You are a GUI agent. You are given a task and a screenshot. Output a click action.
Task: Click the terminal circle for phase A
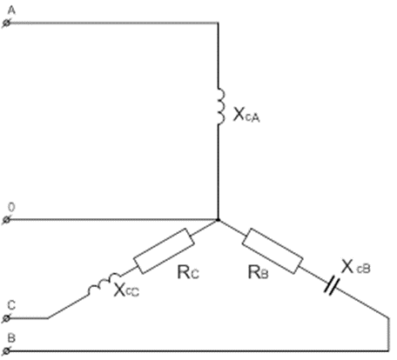(7, 23)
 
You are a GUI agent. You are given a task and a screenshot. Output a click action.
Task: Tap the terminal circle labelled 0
(7, 220)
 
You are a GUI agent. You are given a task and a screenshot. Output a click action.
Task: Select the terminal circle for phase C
(7, 318)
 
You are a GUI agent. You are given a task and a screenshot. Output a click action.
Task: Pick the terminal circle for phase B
(7, 351)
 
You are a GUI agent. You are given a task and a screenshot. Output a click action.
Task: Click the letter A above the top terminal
(11, 10)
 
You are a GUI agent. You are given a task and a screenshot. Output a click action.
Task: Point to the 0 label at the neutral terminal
(11, 208)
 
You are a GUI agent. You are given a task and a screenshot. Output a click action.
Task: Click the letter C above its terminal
(11, 306)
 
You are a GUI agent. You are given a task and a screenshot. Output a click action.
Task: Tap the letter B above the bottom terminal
(11, 338)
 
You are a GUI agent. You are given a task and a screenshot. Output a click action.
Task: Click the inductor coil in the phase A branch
(221, 106)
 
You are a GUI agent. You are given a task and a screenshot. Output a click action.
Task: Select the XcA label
(246, 115)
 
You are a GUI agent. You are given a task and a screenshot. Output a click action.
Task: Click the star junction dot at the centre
(219, 220)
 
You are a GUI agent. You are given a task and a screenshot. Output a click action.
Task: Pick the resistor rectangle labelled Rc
(164, 251)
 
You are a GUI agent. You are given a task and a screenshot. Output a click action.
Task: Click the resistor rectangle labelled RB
(273, 251)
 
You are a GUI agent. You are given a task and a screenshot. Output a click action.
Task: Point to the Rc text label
(188, 272)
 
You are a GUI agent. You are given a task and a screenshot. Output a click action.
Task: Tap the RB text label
(258, 272)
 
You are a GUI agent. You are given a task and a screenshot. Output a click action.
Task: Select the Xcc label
(126, 290)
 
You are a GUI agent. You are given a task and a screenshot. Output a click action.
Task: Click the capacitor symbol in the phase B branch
(332, 285)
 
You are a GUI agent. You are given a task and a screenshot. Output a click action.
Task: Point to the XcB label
(356, 267)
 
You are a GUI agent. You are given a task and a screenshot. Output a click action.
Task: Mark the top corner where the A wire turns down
(219, 23)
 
